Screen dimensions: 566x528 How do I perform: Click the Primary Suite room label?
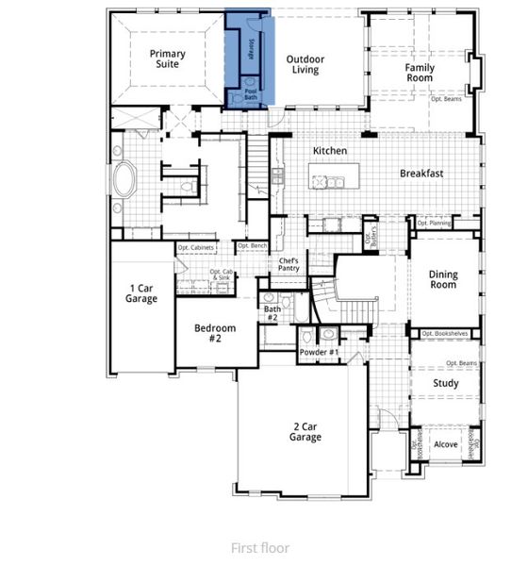coord(168,60)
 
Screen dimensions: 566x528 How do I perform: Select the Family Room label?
coord(420,74)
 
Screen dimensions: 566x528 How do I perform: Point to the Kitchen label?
coord(330,151)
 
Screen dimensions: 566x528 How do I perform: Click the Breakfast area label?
coord(423,174)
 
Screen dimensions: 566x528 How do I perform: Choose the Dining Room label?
coord(443,281)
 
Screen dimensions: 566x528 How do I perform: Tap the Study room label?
coord(445,384)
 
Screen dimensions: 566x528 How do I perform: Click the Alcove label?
coord(445,444)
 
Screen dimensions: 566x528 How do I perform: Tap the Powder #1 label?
coord(319,353)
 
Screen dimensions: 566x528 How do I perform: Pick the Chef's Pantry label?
coord(289,265)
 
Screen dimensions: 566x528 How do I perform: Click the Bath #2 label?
coord(272,313)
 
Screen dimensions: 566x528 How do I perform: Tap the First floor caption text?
coord(260,547)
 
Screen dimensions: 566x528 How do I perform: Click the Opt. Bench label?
coord(252,246)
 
